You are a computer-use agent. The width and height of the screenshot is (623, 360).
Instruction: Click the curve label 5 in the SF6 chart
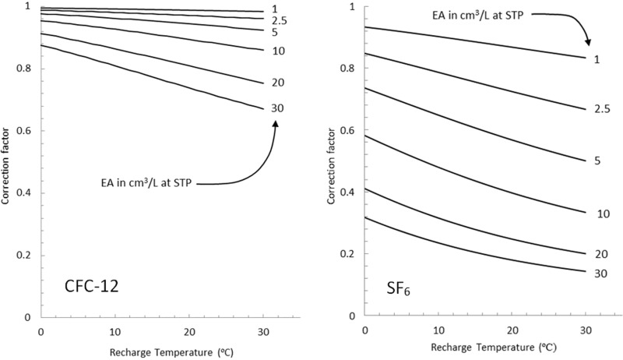597,161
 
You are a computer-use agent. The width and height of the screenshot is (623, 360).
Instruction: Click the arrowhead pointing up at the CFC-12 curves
276,123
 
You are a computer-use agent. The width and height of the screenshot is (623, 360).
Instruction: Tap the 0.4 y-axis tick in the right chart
351,192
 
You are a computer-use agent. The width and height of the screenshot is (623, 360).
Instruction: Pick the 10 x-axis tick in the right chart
438,332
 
